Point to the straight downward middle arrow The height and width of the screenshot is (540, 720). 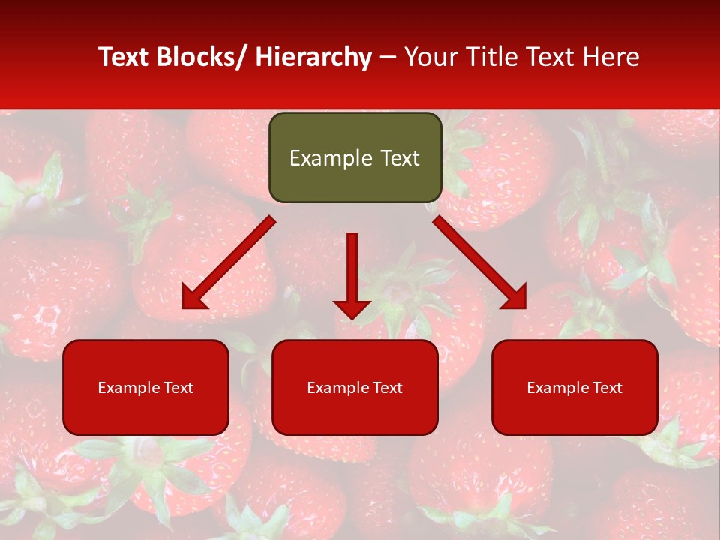click(352, 270)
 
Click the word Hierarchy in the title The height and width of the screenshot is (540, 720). click(313, 58)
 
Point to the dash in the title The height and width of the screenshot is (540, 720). click(388, 58)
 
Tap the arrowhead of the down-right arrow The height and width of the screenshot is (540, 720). click(515, 298)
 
